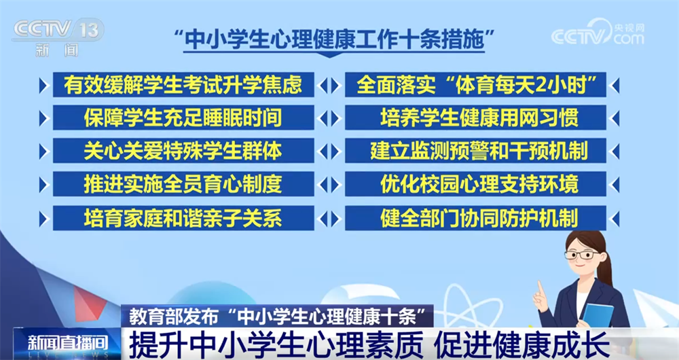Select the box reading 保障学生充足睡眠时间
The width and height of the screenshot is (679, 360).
[x=183, y=118]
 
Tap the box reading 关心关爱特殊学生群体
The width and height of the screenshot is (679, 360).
[x=183, y=151]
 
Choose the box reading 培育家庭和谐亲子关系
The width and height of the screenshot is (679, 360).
[x=183, y=217]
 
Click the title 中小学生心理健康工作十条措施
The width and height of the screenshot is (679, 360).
[x=333, y=37]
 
